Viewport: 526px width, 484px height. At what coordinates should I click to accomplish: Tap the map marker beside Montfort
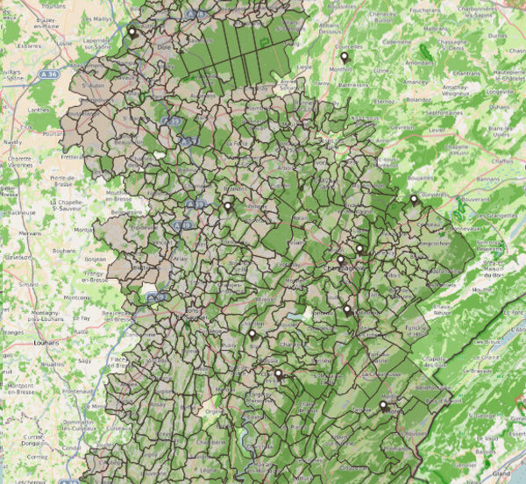pyautogui.click(x=344, y=58)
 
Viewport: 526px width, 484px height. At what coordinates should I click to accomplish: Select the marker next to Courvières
pyautogui.click(x=414, y=200)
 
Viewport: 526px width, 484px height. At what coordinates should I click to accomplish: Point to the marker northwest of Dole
pyautogui.click(x=132, y=32)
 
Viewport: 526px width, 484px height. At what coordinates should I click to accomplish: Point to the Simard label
pyautogui.click(x=29, y=285)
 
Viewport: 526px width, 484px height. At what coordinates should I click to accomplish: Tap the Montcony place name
pyautogui.click(x=77, y=297)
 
